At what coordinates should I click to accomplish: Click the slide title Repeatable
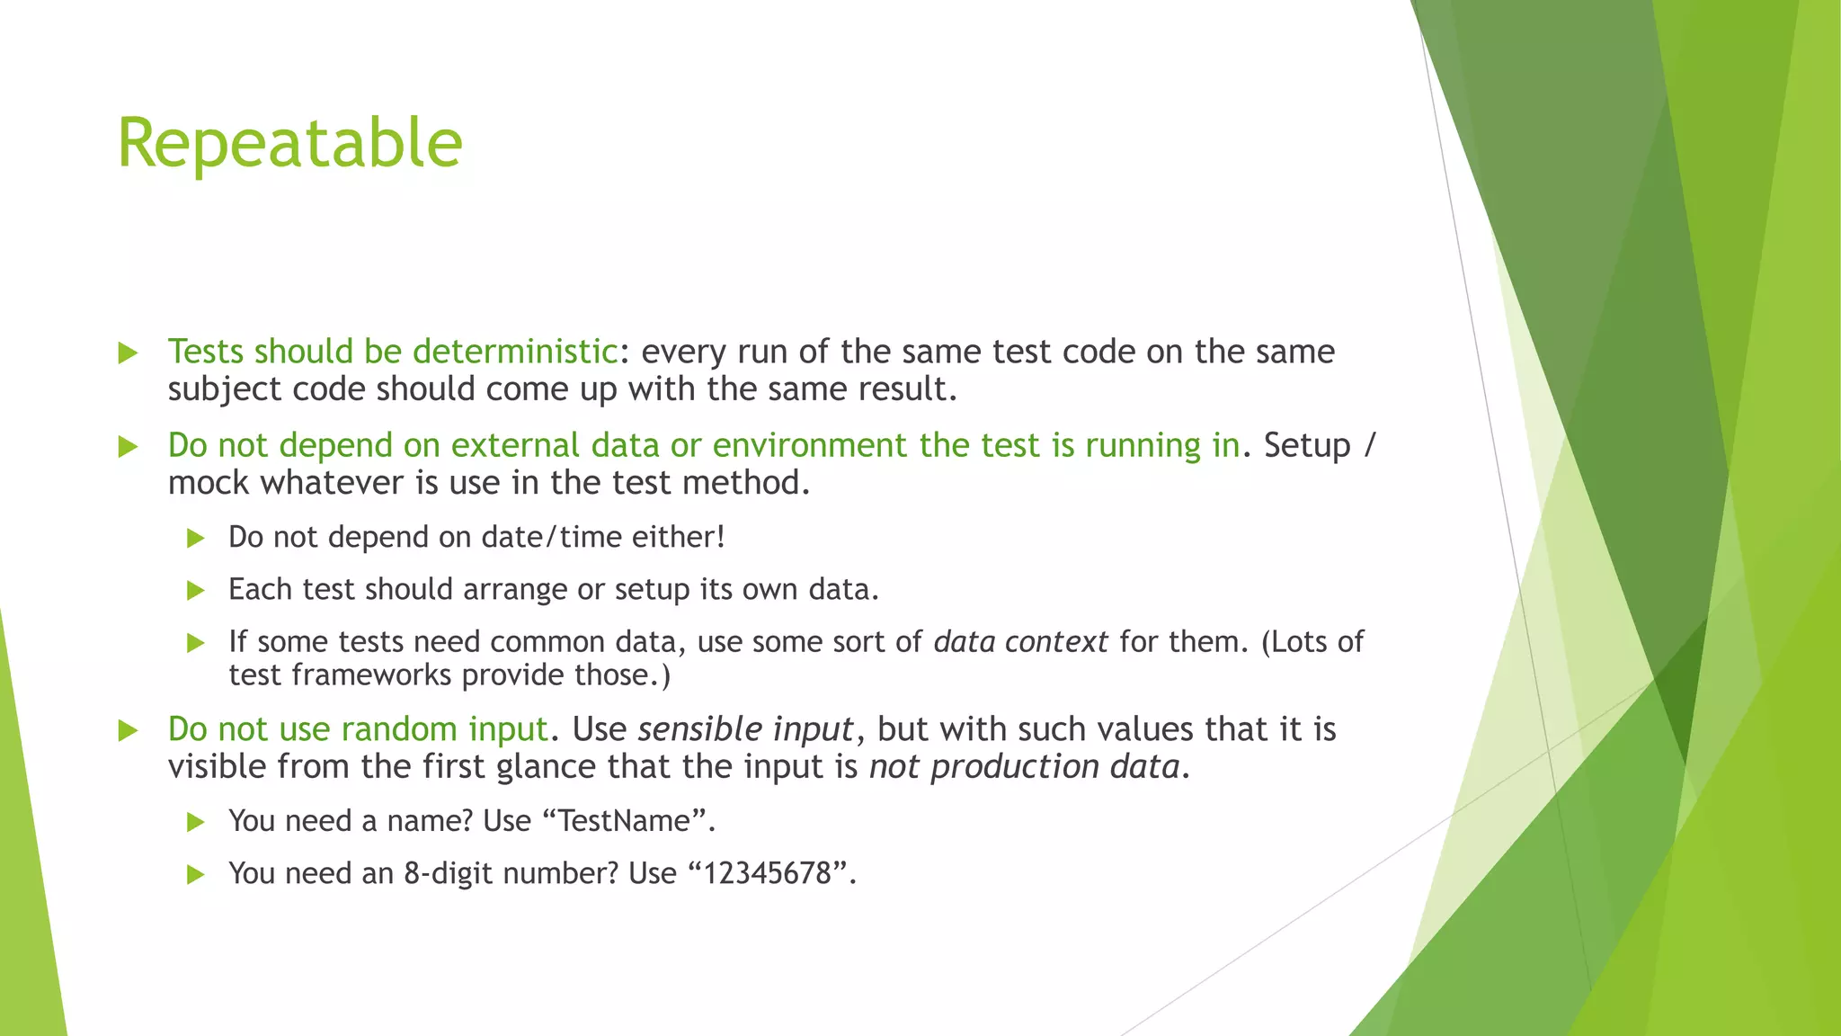tap(289, 144)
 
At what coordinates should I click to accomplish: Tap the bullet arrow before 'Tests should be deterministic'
tap(128, 353)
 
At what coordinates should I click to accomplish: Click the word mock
tap(209, 484)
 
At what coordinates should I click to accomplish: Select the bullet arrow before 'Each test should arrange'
tap(195, 591)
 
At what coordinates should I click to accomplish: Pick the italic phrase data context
tap(1020, 642)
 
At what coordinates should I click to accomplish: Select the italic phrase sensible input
tap(745, 729)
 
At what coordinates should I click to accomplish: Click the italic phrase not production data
tap(1024, 767)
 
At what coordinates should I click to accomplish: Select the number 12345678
tap(767, 874)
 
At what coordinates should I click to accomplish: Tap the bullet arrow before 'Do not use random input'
tap(128, 730)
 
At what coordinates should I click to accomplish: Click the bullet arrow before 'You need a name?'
tap(195, 822)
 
